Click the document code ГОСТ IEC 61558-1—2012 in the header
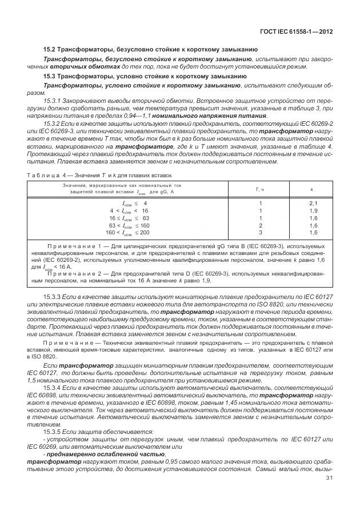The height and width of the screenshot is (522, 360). coord(298,33)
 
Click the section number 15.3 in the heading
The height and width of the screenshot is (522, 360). coord(50,75)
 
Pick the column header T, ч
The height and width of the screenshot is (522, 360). coord(261,189)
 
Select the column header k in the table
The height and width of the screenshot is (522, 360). coord(311,189)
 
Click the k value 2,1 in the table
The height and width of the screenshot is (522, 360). coord(313,204)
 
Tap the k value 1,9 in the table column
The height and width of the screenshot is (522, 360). coord(313,211)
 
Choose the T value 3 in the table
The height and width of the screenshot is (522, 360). coord(261,233)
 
